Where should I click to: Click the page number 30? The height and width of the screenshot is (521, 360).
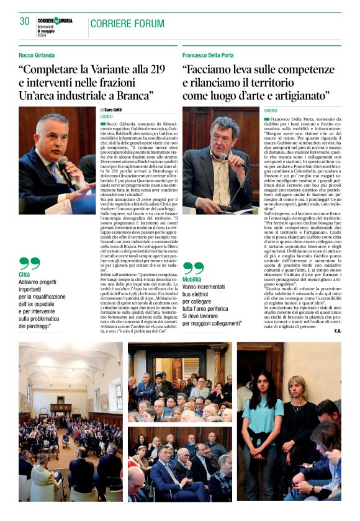pos(24,21)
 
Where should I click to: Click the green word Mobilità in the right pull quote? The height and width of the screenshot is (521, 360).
pos(192,280)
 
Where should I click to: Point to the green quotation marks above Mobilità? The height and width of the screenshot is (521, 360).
pos(193,268)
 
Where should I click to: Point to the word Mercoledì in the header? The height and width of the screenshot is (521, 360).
pos(47,25)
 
